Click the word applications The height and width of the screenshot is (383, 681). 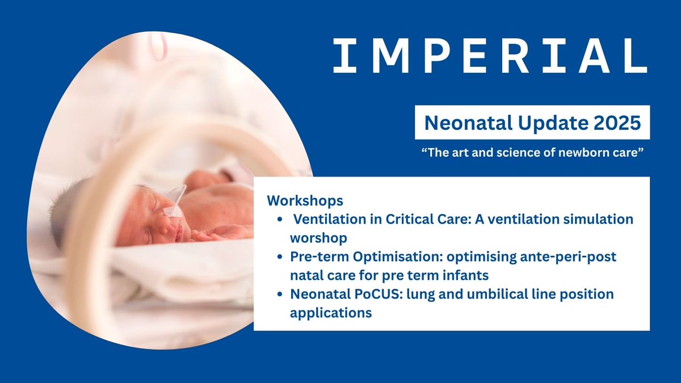click(x=331, y=313)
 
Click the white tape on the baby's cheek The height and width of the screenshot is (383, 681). click(x=172, y=212)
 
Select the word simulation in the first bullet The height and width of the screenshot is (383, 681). click(x=596, y=220)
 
